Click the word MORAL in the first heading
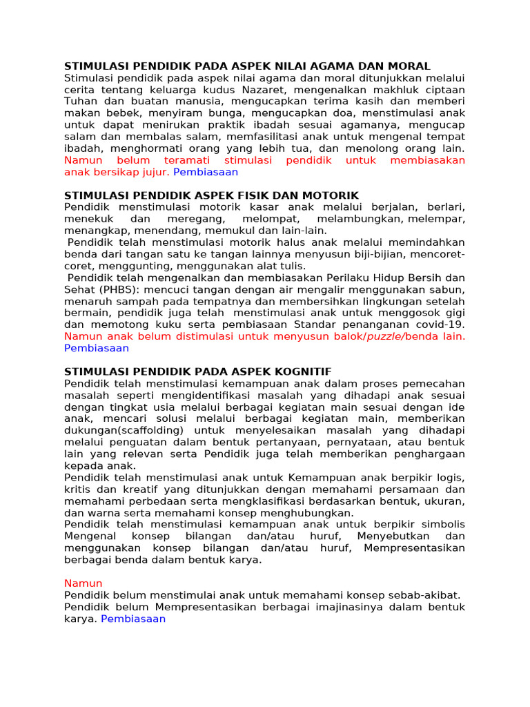pyautogui.click(x=408, y=66)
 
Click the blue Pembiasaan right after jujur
pyautogui.click(x=206, y=172)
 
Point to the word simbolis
pyautogui.click(x=443, y=524)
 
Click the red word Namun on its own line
pyautogui.click(x=83, y=583)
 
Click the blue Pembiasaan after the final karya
pyautogui.click(x=133, y=619)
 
